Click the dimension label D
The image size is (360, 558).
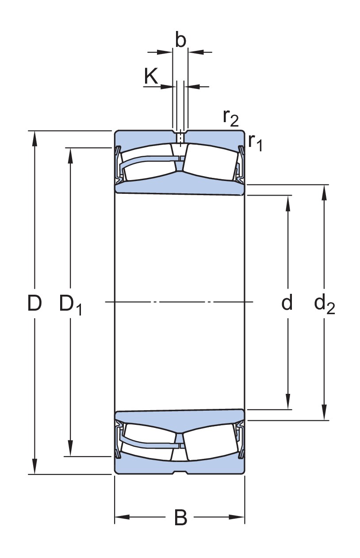(x=34, y=303)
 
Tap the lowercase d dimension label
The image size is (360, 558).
(x=287, y=303)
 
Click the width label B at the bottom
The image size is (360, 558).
(x=180, y=517)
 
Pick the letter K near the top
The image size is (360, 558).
(x=151, y=77)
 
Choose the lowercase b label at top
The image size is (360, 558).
(x=180, y=40)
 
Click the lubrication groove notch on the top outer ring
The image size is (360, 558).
(x=180, y=133)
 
